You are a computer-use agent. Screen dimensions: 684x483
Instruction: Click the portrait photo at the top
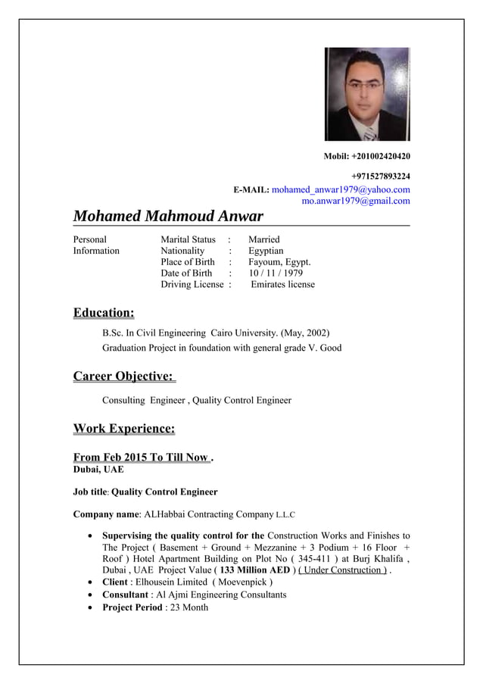[367, 94]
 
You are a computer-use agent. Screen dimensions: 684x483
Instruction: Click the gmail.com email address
[356, 201]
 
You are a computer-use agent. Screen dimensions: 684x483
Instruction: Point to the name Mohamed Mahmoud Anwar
[168, 217]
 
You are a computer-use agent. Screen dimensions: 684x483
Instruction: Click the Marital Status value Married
[264, 239]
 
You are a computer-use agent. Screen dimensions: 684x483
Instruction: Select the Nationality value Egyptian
[266, 251]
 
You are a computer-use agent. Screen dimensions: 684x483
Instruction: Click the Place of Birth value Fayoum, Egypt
[279, 262]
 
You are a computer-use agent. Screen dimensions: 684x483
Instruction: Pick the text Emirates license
[282, 284]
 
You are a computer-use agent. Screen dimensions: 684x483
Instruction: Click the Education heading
[104, 313]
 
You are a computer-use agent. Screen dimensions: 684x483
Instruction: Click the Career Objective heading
[123, 376]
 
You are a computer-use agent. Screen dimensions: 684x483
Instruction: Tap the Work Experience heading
[124, 429]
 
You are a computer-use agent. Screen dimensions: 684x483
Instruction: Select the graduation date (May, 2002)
[304, 333]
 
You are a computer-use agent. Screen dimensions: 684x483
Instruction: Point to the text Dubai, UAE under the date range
[93, 470]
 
